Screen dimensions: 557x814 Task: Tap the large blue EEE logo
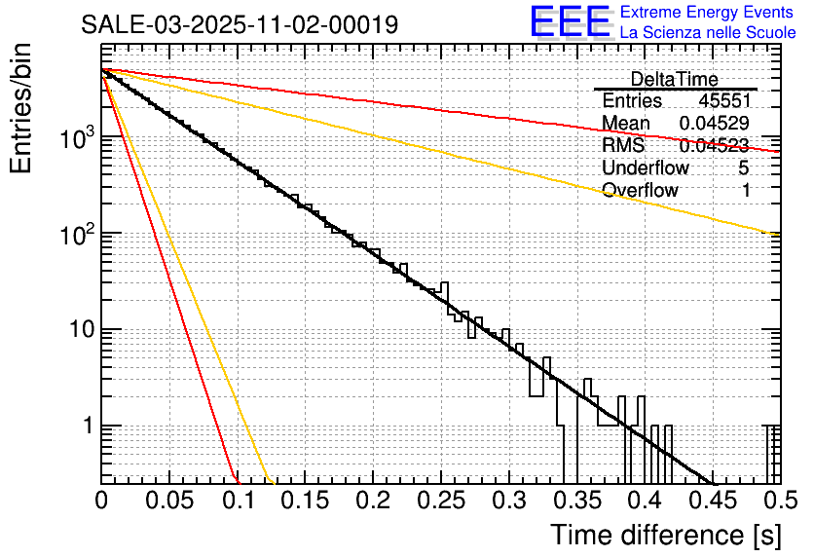point(571,23)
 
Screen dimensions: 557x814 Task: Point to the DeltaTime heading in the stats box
point(675,80)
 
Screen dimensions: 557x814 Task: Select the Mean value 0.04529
point(715,124)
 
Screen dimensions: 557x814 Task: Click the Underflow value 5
point(744,167)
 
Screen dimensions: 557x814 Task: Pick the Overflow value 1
point(745,190)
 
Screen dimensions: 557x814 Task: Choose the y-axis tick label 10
point(80,330)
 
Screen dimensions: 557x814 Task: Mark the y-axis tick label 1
point(86,427)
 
